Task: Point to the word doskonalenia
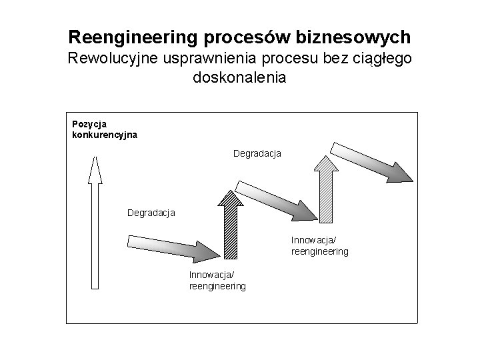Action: coord(239,77)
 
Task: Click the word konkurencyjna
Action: coord(104,134)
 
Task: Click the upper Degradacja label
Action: coord(257,153)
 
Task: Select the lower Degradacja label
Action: coord(151,213)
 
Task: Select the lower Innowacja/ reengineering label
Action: coord(217,281)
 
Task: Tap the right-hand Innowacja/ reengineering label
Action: coord(319,246)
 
